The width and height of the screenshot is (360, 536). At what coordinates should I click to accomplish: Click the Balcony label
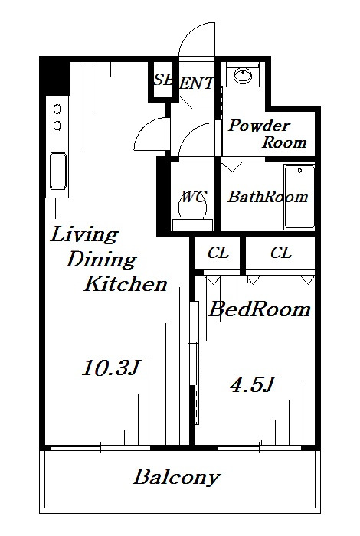(x=176, y=477)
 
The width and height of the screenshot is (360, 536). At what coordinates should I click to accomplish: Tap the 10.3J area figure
(x=112, y=368)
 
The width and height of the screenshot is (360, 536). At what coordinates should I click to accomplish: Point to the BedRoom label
(x=260, y=309)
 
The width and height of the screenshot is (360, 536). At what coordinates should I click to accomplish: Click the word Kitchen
(x=126, y=284)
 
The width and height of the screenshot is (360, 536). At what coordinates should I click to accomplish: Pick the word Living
(x=84, y=236)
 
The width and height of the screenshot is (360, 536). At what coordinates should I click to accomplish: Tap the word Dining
(x=102, y=260)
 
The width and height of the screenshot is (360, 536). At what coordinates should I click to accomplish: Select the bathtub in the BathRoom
(x=299, y=197)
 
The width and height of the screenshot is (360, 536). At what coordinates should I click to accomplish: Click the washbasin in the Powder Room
(x=243, y=76)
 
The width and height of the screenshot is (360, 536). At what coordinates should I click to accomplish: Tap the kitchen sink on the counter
(x=58, y=171)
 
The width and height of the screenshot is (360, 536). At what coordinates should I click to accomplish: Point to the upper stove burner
(x=57, y=109)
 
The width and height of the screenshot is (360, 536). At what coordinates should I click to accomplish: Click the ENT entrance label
(x=197, y=83)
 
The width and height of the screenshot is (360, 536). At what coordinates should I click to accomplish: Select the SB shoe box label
(x=163, y=80)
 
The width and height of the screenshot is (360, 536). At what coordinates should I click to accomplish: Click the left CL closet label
(x=218, y=253)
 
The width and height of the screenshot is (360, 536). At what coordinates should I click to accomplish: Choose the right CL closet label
(x=281, y=253)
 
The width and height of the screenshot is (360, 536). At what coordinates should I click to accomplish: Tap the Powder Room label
(x=267, y=134)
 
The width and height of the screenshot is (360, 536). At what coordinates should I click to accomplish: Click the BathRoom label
(x=268, y=197)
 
